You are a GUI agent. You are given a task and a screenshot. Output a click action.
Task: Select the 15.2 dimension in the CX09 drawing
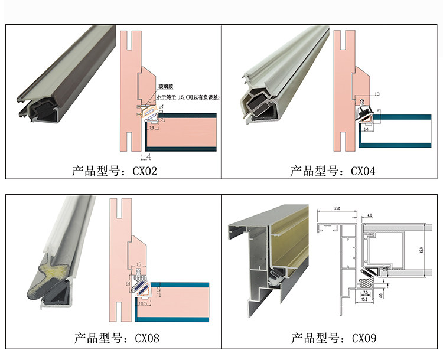pyautogui.click(x=366, y=300)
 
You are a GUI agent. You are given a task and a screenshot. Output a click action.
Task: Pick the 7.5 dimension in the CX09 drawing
pyautogui.click(x=366, y=292)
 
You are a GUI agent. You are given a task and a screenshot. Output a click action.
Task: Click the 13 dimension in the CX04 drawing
pyautogui.click(x=376, y=94)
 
